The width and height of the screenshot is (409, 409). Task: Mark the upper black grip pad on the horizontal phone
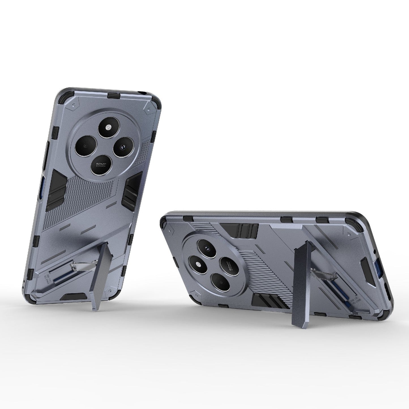click(x=239, y=229)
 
